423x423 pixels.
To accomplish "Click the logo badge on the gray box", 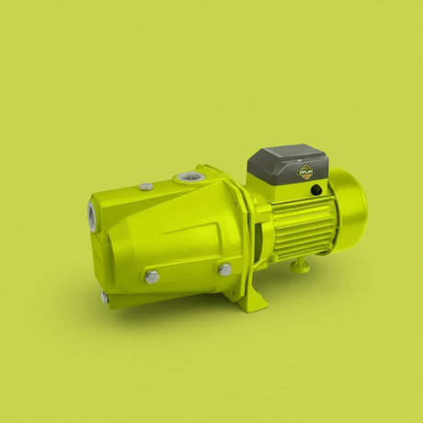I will click(x=305, y=170).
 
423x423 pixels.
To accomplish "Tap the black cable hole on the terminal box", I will click(x=315, y=190).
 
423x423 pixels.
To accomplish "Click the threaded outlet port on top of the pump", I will click(x=191, y=176).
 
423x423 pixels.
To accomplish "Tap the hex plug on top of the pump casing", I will click(x=146, y=187).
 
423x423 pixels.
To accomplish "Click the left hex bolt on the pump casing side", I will click(x=152, y=277).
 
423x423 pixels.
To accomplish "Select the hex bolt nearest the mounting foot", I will click(x=224, y=269).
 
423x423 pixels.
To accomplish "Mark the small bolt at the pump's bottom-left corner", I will click(x=106, y=297).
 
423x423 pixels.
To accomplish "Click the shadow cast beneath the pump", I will click(x=184, y=317).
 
